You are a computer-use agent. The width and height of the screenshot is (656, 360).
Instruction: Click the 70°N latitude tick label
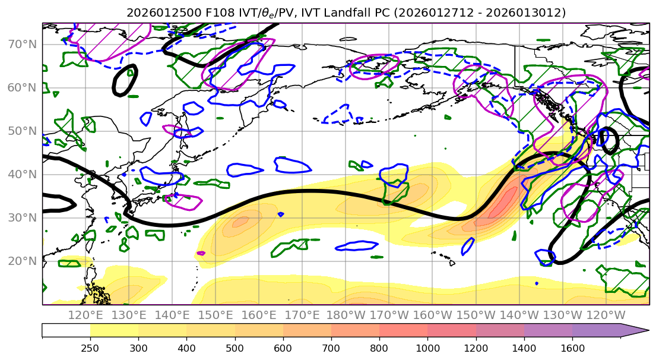point(21,45)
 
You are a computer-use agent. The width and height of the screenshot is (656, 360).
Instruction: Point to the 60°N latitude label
point(21,88)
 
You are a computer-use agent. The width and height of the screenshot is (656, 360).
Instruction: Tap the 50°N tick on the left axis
point(21,131)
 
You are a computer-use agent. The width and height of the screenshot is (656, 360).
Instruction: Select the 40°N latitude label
point(21,175)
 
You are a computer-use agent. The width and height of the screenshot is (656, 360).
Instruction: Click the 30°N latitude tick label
point(21,218)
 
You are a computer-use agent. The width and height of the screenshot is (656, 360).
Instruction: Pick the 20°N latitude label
point(21,261)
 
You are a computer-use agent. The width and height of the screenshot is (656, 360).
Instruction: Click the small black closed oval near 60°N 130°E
point(125,80)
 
